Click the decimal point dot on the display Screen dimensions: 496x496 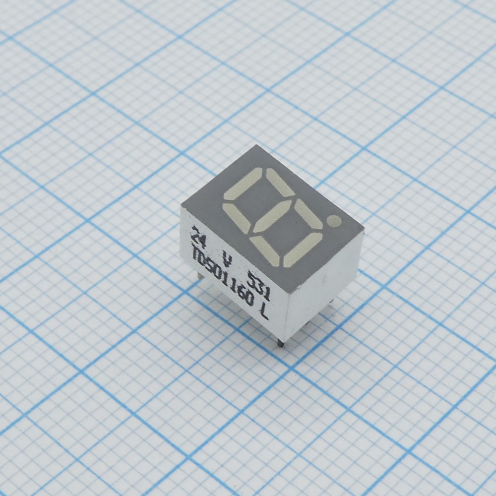tap(335, 221)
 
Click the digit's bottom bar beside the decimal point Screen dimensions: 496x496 tap(303, 249)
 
